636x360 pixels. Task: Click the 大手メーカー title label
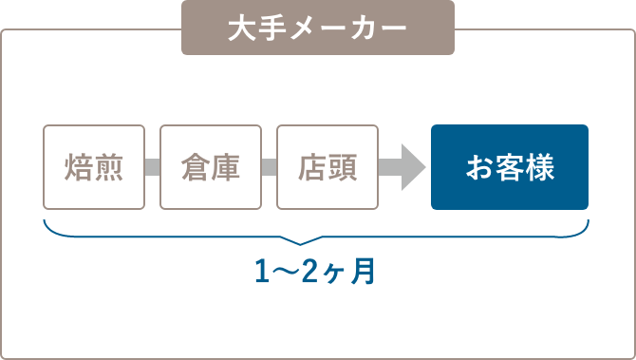click(x=318, y=28)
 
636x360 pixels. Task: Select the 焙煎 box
click(x=94, y=167)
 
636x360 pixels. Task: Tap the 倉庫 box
click(x=210, y=167)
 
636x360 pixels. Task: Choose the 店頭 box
click(x=327, y=167)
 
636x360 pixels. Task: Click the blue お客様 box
click(x=510, y=167)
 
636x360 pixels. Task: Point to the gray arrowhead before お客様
click(x=410, y=167)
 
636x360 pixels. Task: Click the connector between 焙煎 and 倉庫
click(x=152, y=167)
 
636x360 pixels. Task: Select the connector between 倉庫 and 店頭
click(x=269, y=167)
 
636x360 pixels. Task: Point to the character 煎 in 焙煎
click(x=109, y=167)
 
